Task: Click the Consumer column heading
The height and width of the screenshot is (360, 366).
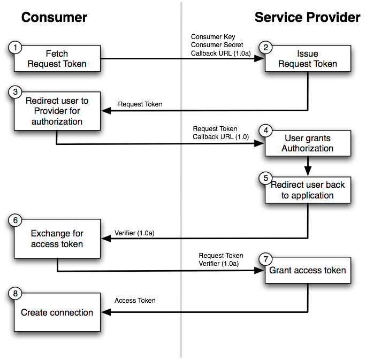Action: click(54, 18)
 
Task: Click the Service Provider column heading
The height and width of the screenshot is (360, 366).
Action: click(307, 18)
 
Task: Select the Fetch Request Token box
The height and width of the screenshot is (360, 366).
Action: click(57, 59)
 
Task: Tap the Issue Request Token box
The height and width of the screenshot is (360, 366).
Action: click(308, 59)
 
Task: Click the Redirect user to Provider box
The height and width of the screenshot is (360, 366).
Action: click(57, 111)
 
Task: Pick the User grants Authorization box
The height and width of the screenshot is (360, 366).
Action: click(308, 143)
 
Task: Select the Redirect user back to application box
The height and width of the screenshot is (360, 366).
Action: click(308, 190)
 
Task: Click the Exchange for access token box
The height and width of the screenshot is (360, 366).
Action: click(57, 239)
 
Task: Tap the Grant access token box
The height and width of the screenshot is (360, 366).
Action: click(308, 270)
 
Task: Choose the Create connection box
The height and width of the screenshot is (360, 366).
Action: click(57, 312)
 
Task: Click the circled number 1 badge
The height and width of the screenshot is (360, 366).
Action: click(16, 48)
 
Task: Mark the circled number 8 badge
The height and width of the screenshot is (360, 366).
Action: click(16, 294)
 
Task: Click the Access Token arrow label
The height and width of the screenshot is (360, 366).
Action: click(135, 301)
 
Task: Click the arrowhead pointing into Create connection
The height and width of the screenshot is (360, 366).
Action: click(105, 312)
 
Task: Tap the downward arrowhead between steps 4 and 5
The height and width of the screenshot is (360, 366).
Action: click(308, 171)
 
